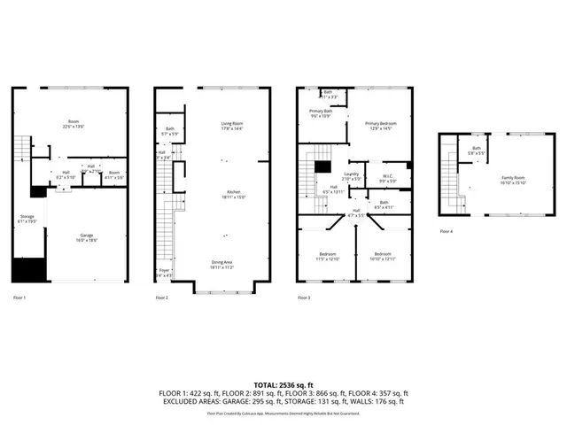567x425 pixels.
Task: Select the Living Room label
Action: (232, 123)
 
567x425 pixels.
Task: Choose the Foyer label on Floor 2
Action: (165, 271)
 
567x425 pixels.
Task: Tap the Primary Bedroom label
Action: (381, 123)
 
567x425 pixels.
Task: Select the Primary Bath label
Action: (321, 112)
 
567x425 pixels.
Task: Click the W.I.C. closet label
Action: (387, 175)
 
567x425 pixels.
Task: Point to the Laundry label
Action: (351, 174)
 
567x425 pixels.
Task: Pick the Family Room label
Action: (514, 178)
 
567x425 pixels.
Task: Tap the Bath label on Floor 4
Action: (477, 148)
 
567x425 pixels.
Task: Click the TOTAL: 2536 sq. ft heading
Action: (283, 382)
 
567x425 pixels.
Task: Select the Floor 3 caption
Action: (304, 297)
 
